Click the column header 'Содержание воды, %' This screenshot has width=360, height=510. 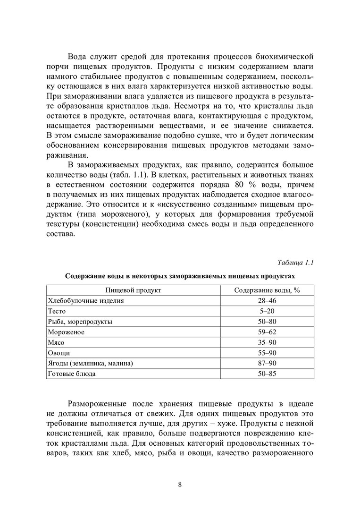click(x=267, y=290)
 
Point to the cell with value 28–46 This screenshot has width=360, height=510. click(x=267, y=301)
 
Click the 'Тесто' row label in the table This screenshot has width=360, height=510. click(x=57, y=311)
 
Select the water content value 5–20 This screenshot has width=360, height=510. click(x=267, y=311)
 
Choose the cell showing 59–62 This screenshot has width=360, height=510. click(x=267, y=332)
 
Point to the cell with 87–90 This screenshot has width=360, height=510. click(x=267, y=363)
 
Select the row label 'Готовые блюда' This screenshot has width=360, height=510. click(x=72, y=374)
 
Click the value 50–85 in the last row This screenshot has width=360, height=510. click(x=267, y=374)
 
